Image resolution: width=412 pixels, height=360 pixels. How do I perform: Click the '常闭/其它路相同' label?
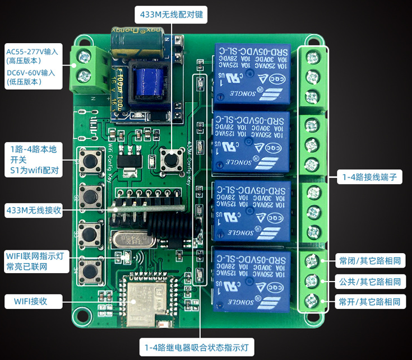370,260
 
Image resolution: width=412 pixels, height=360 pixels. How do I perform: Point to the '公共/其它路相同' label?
370,281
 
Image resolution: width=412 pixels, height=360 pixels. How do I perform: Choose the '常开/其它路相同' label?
370,302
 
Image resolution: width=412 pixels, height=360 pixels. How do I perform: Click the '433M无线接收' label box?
33,211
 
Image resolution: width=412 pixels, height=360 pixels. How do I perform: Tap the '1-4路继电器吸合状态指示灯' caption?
196,348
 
